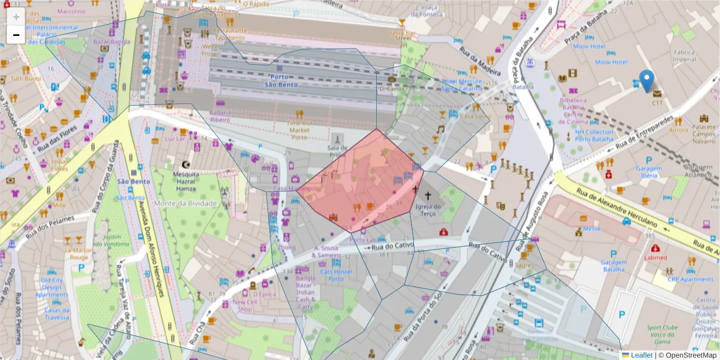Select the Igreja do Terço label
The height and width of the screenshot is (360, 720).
[428, 210]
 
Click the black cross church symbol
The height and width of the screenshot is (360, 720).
[414, 190]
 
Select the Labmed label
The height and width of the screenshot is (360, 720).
[655, 257]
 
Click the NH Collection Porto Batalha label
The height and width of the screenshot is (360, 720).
[594, 136]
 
